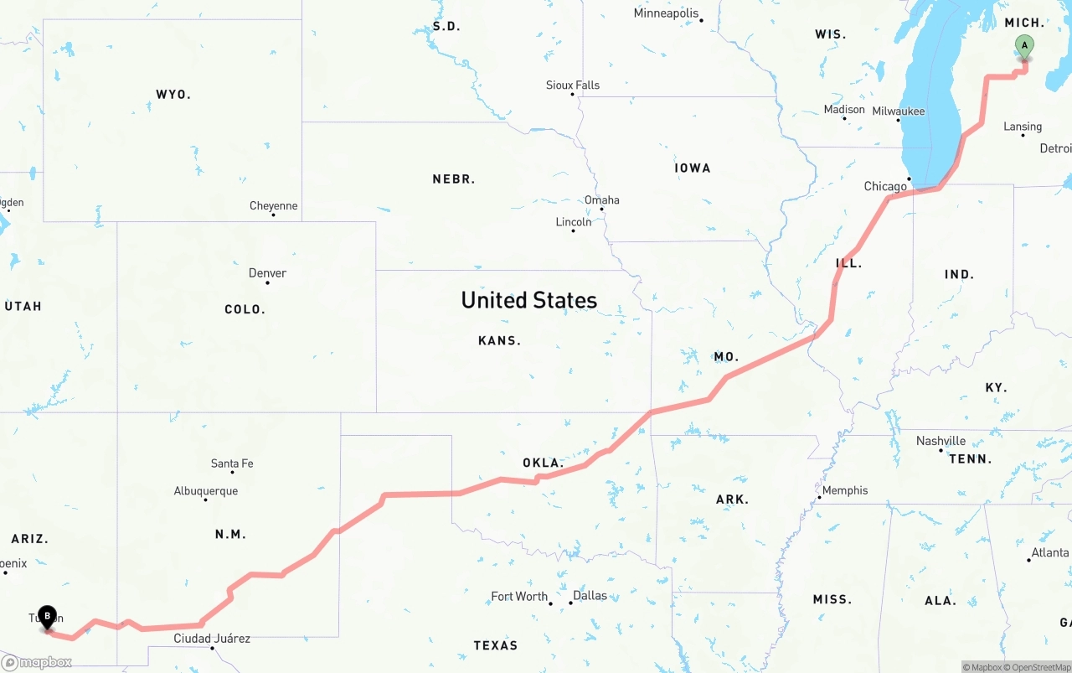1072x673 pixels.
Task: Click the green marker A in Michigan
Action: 1023,47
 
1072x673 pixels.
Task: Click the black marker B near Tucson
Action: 48,618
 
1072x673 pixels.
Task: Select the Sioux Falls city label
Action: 573,85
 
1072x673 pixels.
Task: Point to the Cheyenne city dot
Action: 273,215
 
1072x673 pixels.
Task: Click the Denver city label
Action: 267,272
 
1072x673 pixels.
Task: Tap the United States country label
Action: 528,300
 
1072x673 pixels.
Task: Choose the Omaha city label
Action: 602,199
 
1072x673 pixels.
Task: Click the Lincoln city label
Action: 574,221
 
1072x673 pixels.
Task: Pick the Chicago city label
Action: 885,186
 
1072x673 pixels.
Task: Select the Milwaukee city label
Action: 898,111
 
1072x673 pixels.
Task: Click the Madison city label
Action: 844,109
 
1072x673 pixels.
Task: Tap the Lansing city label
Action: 1023,127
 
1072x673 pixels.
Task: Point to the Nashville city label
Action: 941,441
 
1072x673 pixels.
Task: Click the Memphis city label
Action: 845,490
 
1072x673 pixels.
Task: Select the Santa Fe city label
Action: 232,463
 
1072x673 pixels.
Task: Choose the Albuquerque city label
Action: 206,491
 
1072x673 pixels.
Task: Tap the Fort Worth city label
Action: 519,596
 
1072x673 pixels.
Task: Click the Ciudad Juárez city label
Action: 212,638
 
